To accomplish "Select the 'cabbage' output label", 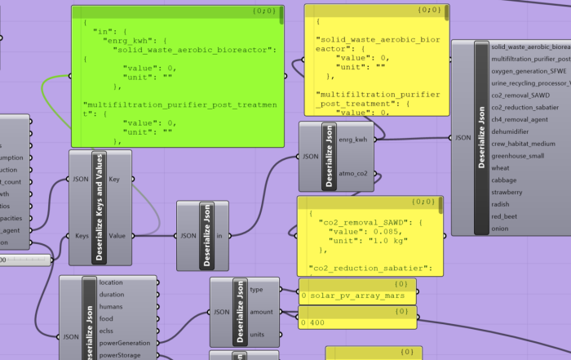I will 503,180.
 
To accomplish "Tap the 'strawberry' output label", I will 507,193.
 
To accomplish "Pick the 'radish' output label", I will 501,205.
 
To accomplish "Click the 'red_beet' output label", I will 504,217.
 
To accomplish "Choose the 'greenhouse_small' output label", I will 517,155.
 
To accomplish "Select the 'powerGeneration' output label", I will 124,343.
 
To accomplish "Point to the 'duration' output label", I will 113,295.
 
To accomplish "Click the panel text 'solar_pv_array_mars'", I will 347,295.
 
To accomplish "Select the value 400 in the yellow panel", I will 317,323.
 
